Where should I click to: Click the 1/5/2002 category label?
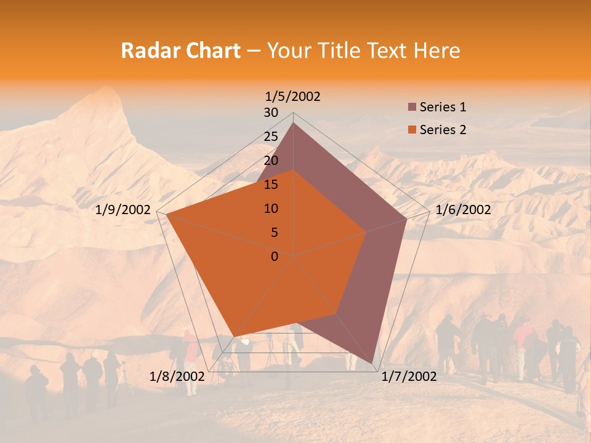pos(293,96)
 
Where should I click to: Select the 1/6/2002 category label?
pos(463,210)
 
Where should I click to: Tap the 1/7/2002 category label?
pos(409,377)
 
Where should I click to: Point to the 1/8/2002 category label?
pos(177,377)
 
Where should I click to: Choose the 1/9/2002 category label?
pos(123,210)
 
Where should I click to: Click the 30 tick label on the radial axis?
pos(271,113)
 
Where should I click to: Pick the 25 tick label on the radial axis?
pos(271,137)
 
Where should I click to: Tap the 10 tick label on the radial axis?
pos(271,209)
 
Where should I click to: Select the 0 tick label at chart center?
pos(275,257)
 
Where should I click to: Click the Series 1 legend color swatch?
pos(412,108)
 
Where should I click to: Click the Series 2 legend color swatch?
pos(412,130)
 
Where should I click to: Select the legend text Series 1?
pos(443,107)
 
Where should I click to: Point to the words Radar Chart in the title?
pos(180,50)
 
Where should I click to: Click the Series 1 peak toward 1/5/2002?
pos(293,122)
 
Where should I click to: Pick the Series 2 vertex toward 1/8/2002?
pos(233,337)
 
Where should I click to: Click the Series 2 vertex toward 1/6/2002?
pos(366,232)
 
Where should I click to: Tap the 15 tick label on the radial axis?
pos(271,185)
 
